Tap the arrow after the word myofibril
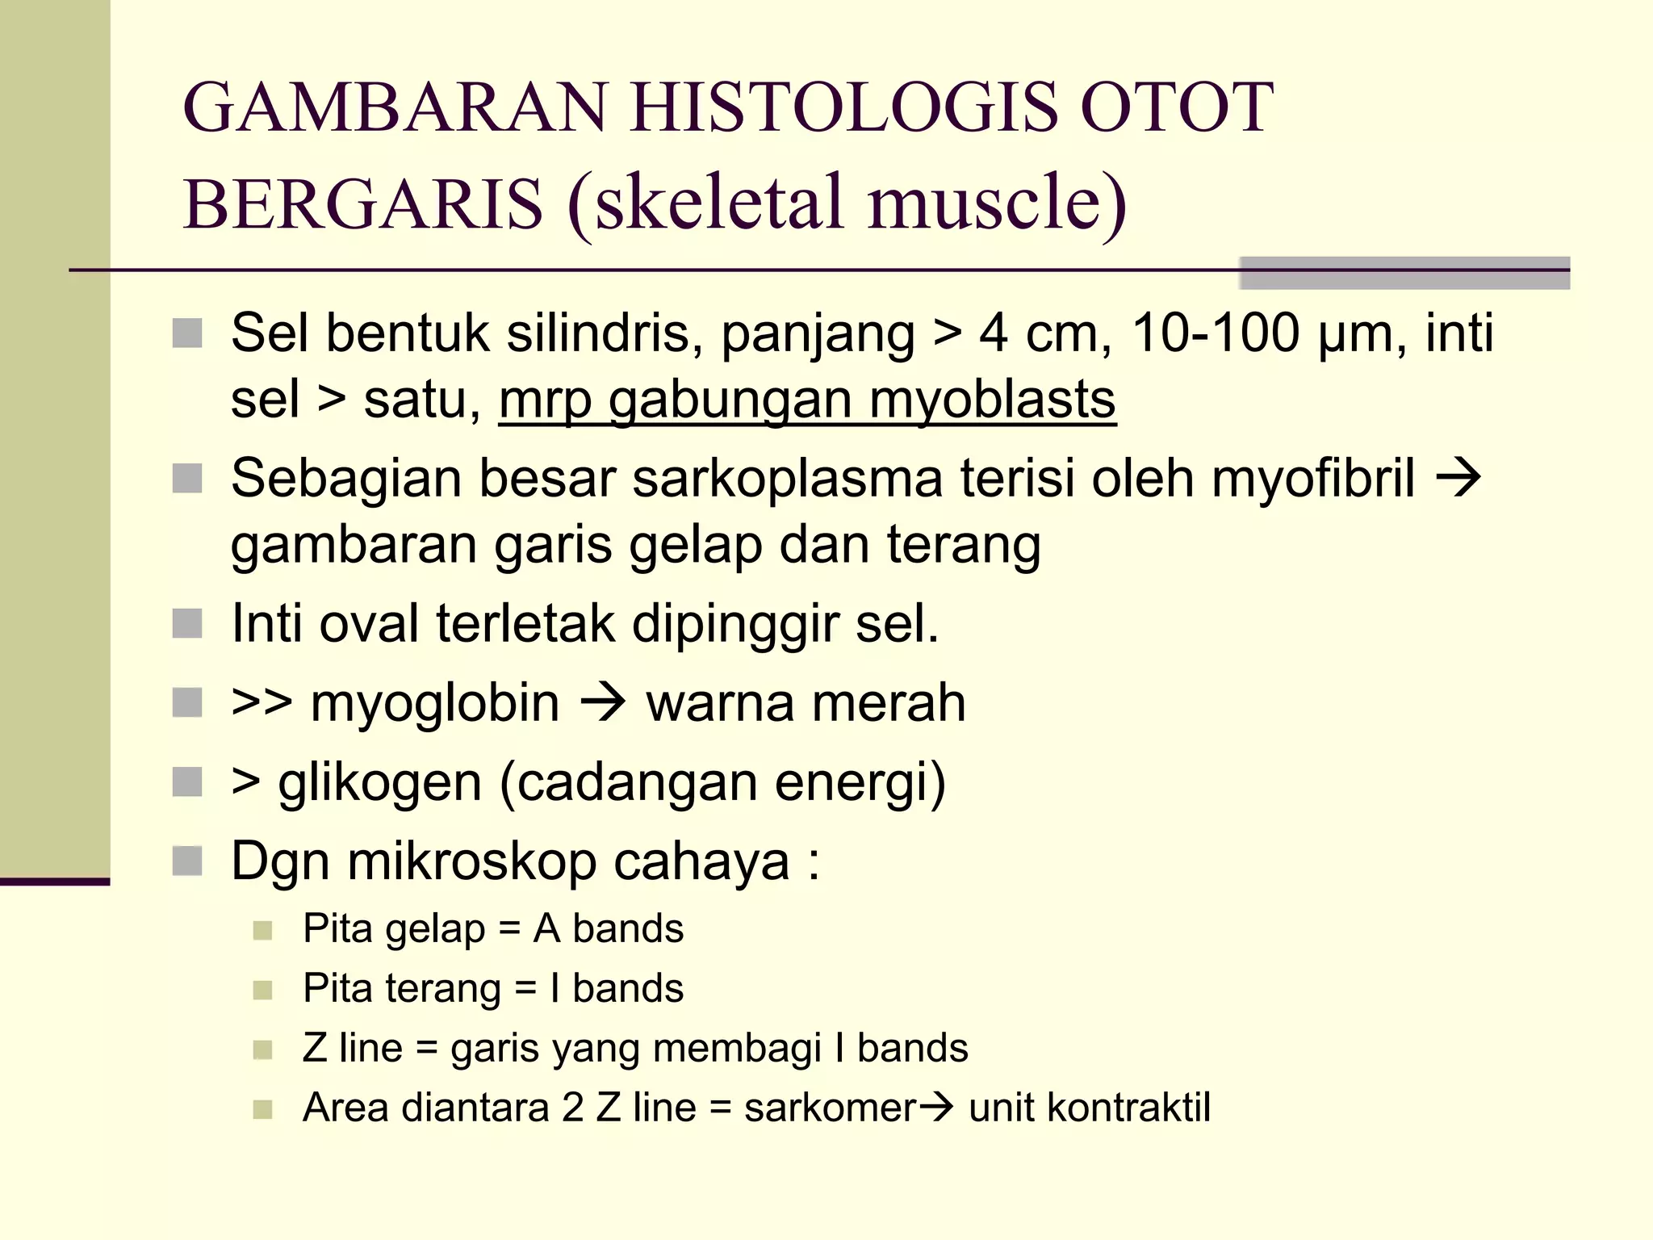click(x=1458, y=478)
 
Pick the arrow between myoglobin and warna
click(x=604, y=702)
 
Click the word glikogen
click(x=379, y=782)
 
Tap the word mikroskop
click(x=471, y=861)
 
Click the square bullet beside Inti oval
click(x=187, y=624)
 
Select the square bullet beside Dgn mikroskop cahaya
click(x=187, y=861)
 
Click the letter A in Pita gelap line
click(x=546, y=928)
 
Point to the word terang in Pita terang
click(x=442, y=989)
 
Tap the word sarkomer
click(x=830, y=1108)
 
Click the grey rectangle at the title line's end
click(x=1404, y=273)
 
